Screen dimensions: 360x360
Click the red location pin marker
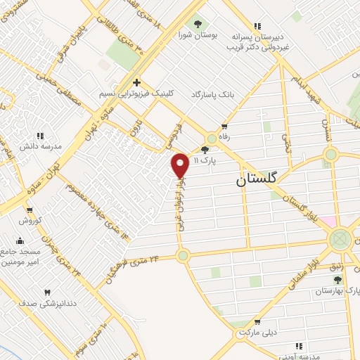coord(181,165)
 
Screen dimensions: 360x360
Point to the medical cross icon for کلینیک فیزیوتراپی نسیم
coord(137,82)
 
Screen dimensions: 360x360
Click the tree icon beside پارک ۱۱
coord(205,149)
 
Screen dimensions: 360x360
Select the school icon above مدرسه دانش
coord(40,135)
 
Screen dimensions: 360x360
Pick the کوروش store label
coord(30,220)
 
